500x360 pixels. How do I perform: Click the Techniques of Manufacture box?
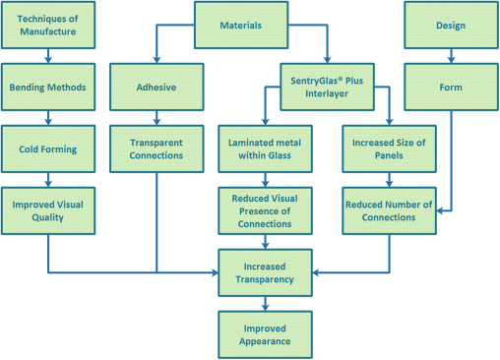48,26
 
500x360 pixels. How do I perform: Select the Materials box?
241,26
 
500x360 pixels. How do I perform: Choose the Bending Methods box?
48,87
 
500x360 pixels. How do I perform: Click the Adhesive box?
156,87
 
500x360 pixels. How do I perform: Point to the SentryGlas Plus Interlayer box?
326,87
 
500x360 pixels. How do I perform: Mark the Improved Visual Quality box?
48,210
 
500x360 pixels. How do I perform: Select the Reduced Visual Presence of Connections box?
265,210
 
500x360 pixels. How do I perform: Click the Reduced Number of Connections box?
389,210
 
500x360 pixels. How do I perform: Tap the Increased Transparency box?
265,272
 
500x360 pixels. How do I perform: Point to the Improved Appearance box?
265,334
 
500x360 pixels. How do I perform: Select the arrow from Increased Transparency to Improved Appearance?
265,303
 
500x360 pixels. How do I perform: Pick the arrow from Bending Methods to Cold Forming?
48,117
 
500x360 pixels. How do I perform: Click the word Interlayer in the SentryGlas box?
326,94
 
